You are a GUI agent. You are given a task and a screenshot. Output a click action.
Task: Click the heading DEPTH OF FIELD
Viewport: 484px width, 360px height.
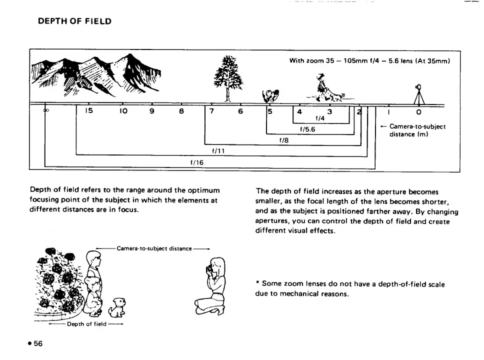74,21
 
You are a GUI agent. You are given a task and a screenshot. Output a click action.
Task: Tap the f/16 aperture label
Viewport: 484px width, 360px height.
196,162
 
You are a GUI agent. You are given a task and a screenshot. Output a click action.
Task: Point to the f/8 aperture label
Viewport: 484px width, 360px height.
284,140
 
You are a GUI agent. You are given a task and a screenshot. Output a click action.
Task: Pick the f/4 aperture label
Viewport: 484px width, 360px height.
320,118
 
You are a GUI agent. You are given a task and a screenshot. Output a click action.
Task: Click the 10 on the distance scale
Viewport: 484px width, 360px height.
122,111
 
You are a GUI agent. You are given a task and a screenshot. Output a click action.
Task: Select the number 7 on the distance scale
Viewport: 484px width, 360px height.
212,111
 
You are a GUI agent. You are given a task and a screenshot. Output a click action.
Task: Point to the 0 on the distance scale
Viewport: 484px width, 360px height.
418,111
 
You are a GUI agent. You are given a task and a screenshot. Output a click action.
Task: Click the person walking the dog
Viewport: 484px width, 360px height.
320,85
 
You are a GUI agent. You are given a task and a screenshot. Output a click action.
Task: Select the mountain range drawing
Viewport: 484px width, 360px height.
95,75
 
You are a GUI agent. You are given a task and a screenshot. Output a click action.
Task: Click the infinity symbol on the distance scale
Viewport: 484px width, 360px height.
46,111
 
